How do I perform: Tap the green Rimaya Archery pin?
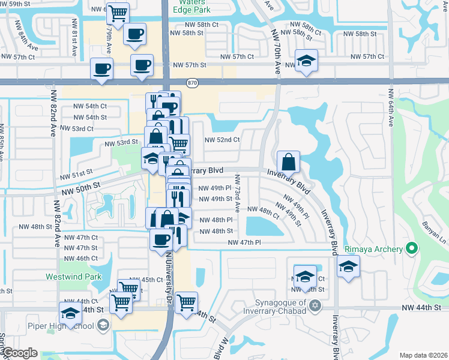coord(411,248)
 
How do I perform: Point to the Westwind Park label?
coord(73,277)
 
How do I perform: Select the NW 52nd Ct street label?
coord(222,140)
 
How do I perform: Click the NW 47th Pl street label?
coord(245,242)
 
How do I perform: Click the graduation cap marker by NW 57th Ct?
coord(306,61)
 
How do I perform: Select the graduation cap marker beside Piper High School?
coord(70,313)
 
